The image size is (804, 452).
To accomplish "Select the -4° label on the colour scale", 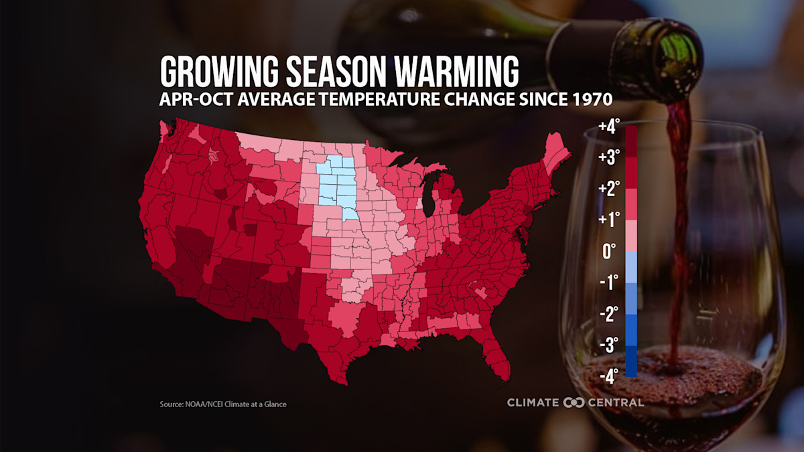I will coord(608,376).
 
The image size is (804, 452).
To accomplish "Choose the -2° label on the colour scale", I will coord(608,314).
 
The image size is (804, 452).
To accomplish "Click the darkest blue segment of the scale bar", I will coord(630,362).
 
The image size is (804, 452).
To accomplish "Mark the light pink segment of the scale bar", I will coord(630,236).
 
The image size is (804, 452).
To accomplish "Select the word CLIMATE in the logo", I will coord(533,402).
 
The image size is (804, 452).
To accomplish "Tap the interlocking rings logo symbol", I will coord(574,402).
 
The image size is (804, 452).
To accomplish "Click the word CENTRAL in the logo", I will coord(616,402).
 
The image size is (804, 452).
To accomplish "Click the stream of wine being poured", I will coord(678,221).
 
